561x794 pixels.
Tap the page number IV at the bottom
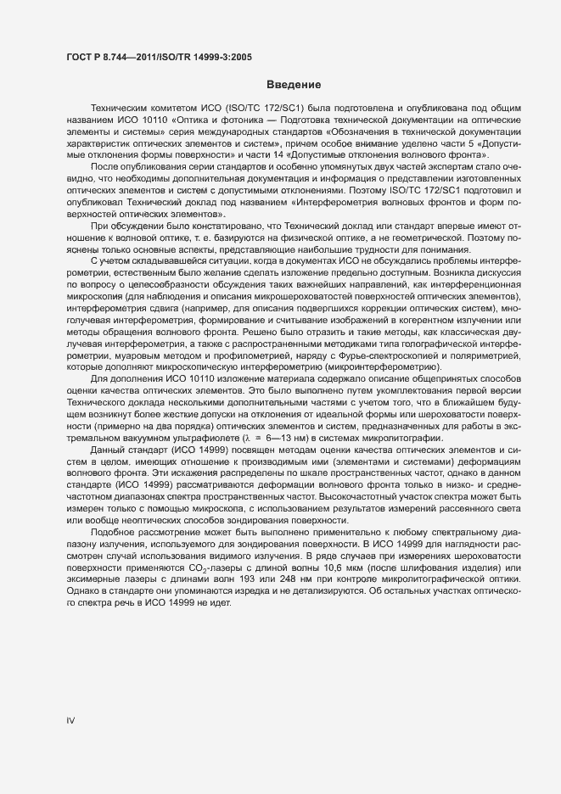(71, 721)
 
